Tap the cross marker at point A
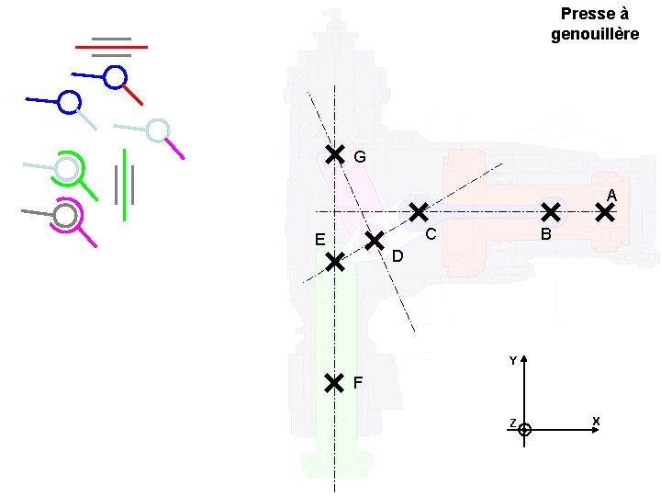click(605, 213)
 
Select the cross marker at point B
click(550, 212)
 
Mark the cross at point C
click(418, 212)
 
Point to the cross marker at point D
click(375, 241)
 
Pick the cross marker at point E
click(335, 263)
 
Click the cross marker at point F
click(334, 382)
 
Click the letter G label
click(360, 158)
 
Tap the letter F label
click(358, 382)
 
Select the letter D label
click(398, 255)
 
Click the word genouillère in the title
click(595, 34)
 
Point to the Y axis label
click(513, 361)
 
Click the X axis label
click(596, 422)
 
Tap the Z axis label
click(512, 423)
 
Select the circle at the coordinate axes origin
click(524, 429)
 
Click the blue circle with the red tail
click(115, 77)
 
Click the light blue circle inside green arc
click(67, 169)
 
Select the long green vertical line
click(124, 185)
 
